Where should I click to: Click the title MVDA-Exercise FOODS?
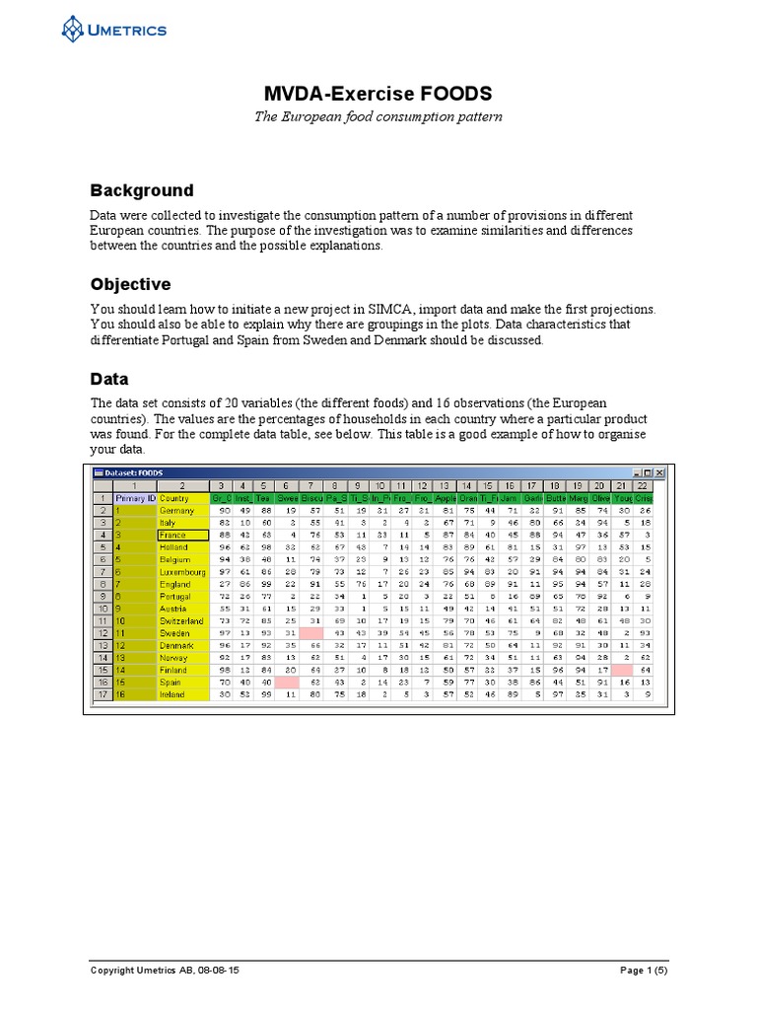(378, 95)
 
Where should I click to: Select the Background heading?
(142, 190)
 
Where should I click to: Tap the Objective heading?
(131, 284)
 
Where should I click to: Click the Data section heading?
(109, 379)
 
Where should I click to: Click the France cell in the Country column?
(182, 535)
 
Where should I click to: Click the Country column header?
(182, 498)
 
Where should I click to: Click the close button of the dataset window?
(659, 473)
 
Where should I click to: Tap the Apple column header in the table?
(446, 498)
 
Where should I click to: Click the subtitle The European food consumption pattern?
(378, 117)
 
